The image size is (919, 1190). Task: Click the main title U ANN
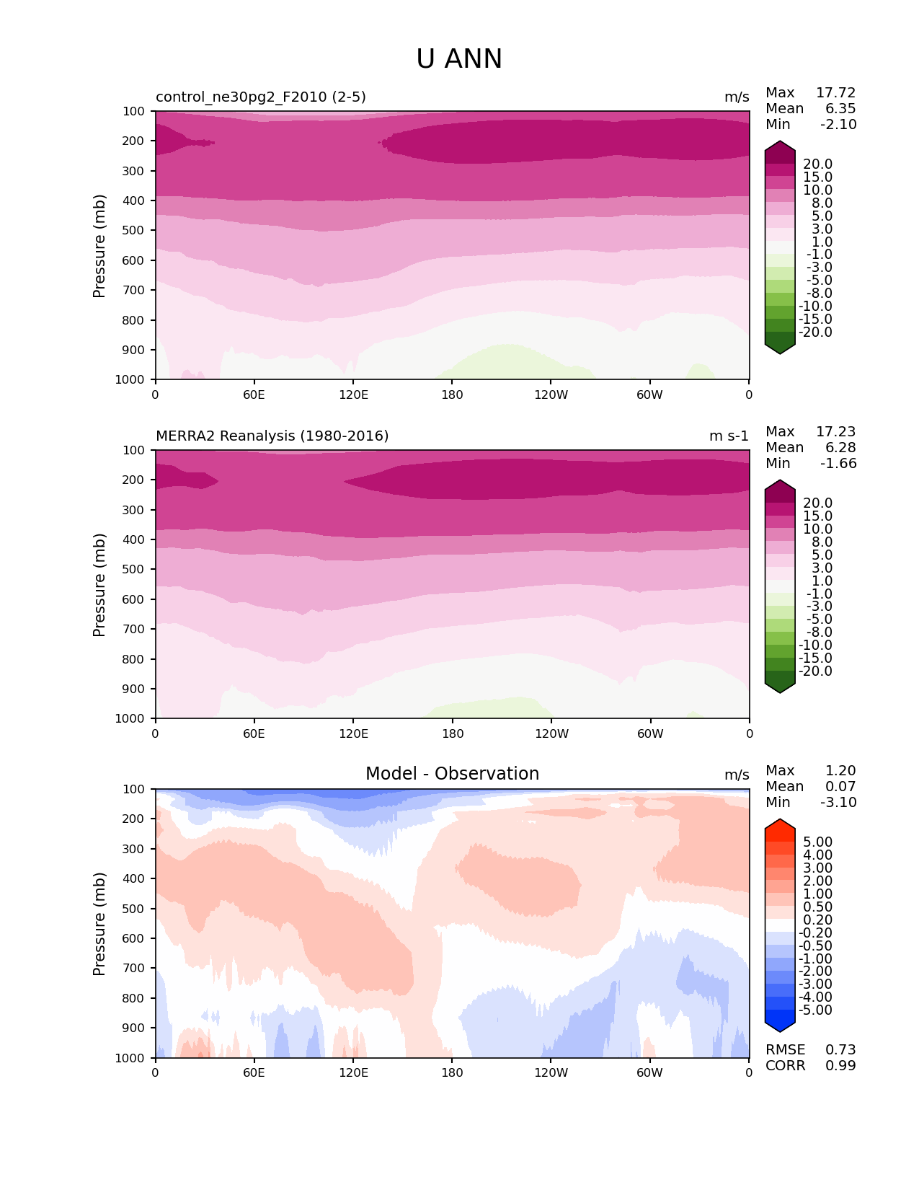point(459,59)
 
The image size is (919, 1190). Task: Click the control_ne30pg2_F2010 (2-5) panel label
point(261,97)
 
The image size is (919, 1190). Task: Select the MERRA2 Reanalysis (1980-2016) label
point(272,436)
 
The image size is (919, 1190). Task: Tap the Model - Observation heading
point(452,774)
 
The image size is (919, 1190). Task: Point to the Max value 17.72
point(835,93)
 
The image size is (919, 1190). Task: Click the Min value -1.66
point(838,464)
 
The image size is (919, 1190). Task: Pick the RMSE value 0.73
point(840,1050)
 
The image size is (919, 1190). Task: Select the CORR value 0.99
point(840,1066)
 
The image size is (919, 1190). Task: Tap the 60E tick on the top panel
point(254,395)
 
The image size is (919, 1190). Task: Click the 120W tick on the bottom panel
point(551,1073)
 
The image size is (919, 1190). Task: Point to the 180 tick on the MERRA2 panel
point(452,734)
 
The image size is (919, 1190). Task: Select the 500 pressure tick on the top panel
point(134,231)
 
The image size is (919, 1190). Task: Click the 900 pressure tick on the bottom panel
point(134,1028)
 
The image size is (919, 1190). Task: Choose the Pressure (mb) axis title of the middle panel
point(99,585)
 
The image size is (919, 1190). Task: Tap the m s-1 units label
point(729,436)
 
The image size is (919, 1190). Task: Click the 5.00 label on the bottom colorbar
point(817,842)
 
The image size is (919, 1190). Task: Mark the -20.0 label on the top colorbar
point(817,332)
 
